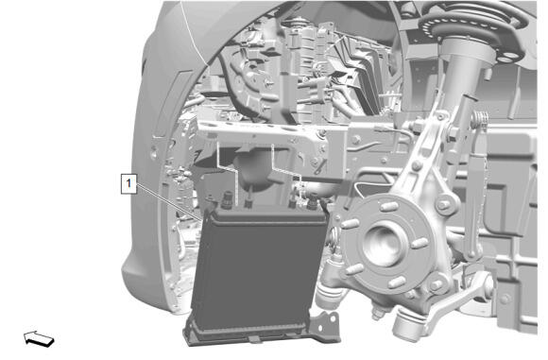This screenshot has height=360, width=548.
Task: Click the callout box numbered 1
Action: (x=128, y=183)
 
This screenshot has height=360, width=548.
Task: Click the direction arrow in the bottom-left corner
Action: (x=39, y=338)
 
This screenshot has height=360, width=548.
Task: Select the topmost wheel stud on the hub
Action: (x=388, y=206)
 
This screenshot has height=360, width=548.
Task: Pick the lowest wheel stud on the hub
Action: (x=398, y=282)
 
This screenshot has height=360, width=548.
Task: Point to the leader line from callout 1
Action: (x=169, y=203)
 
